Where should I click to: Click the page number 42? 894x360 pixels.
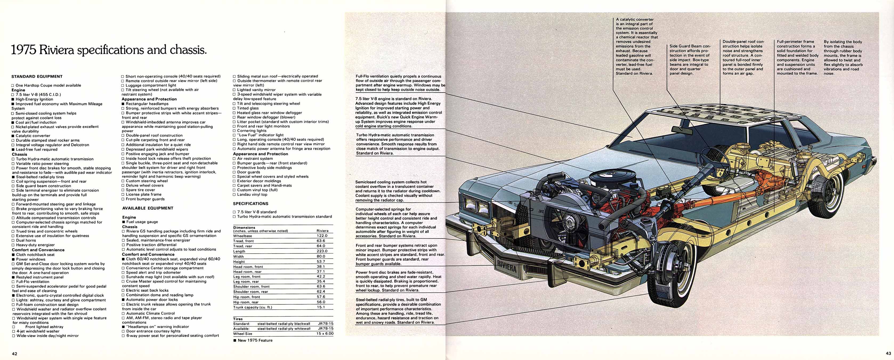pos(14,354)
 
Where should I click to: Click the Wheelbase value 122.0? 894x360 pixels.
pos(322,235)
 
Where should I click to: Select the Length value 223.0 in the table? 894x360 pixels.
pos(322,251)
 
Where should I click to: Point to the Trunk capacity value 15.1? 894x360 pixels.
pos(321,307)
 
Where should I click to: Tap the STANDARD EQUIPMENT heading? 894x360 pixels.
pos(37,76)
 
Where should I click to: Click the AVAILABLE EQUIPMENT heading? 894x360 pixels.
pos(148,208)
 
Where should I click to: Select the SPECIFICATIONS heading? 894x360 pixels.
pos(250,204)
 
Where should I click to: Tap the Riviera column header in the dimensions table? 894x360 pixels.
pos(322,230)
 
